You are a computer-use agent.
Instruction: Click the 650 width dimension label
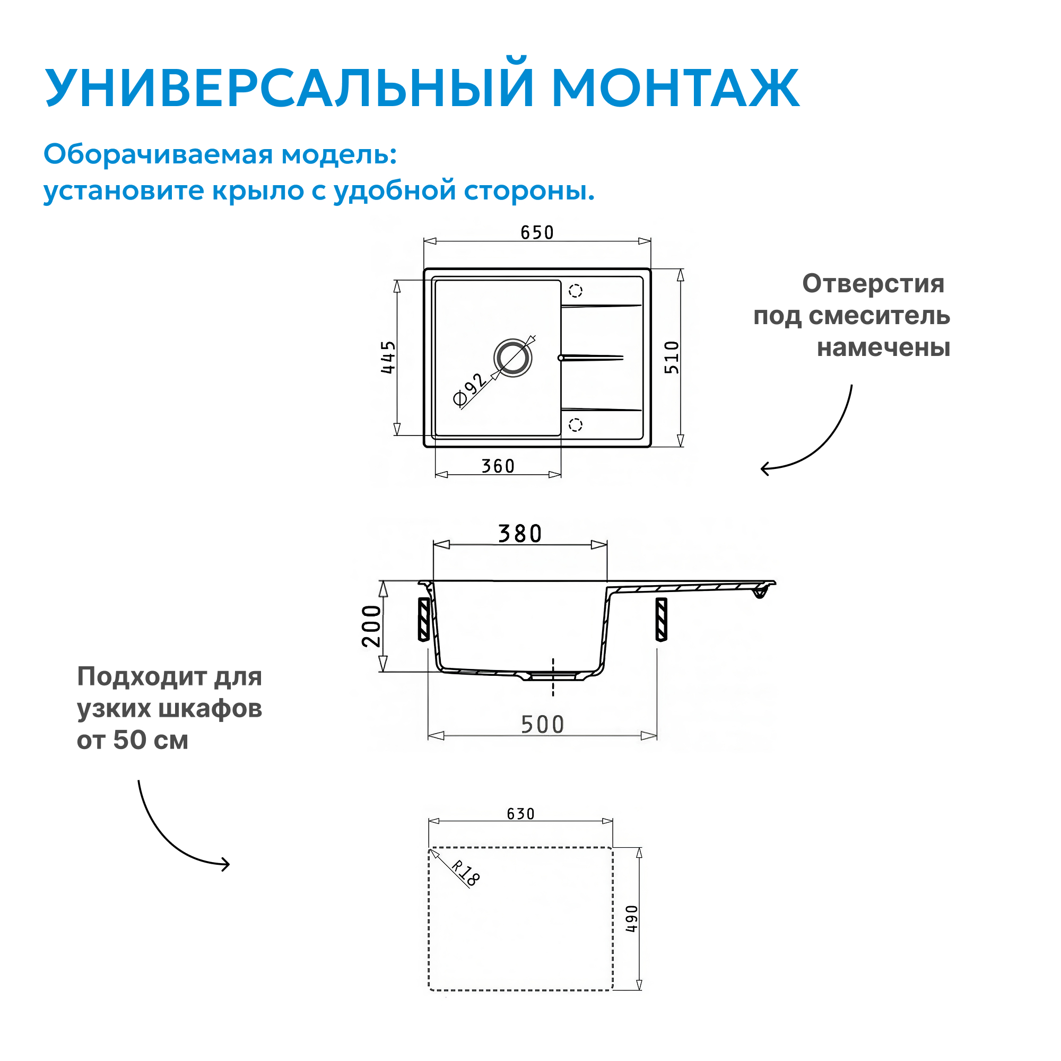pos(536,232)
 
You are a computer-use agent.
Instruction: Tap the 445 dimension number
pos(388,357)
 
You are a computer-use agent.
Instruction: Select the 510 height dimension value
pos(672,357)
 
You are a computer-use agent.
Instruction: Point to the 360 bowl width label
pos(498,466)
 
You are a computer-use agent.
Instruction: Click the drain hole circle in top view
pos(512,358)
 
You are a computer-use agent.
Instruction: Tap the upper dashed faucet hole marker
pos(575,291)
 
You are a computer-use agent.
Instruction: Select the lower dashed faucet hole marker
pos(575,424)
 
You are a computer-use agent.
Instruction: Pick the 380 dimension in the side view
pos(519,534)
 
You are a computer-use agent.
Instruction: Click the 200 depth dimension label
pos(372,626)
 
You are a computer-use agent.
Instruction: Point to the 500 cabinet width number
pos(542,725)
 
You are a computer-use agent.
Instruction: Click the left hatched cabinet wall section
pos(423,619)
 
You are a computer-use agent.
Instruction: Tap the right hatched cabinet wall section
pos(661,619)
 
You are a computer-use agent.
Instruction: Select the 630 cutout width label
pos(520,814)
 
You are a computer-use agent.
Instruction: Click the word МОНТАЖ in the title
pos(675,88)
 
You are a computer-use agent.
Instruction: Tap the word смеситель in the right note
pos(879,316)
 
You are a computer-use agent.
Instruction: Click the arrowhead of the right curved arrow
pos(764,468)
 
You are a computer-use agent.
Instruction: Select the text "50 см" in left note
pos(151,740)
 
